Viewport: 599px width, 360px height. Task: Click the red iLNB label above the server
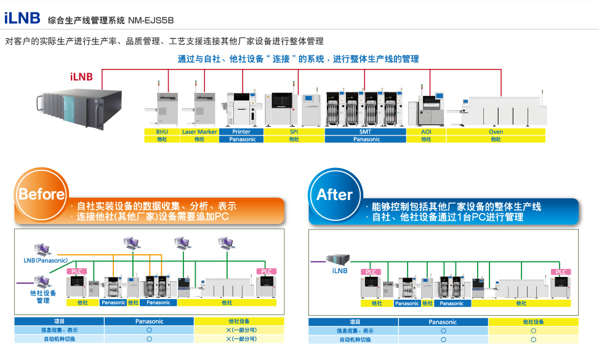click(81, 76)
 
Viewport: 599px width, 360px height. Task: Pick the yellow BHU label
click(162, 132)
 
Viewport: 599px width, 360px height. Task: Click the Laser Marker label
click(199, 132)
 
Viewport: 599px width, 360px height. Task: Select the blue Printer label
click(241, 132)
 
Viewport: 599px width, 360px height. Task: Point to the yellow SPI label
click(294, 132)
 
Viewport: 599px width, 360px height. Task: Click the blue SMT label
click(365, 132)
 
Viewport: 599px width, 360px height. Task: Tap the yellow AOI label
click(426, 132)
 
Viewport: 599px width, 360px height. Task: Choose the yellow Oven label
click(496, 132)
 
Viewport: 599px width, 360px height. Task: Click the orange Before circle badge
click(41, 194)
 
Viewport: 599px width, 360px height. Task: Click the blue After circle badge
click(334, 194)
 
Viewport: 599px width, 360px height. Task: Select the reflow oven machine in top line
click(505, 111)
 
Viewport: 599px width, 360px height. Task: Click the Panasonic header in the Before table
click(149, 321)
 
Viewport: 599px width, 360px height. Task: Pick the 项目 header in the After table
click(354, 322)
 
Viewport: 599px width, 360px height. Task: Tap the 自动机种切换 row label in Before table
click(59, 338)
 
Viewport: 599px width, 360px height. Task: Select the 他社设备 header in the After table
click(533, 322)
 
